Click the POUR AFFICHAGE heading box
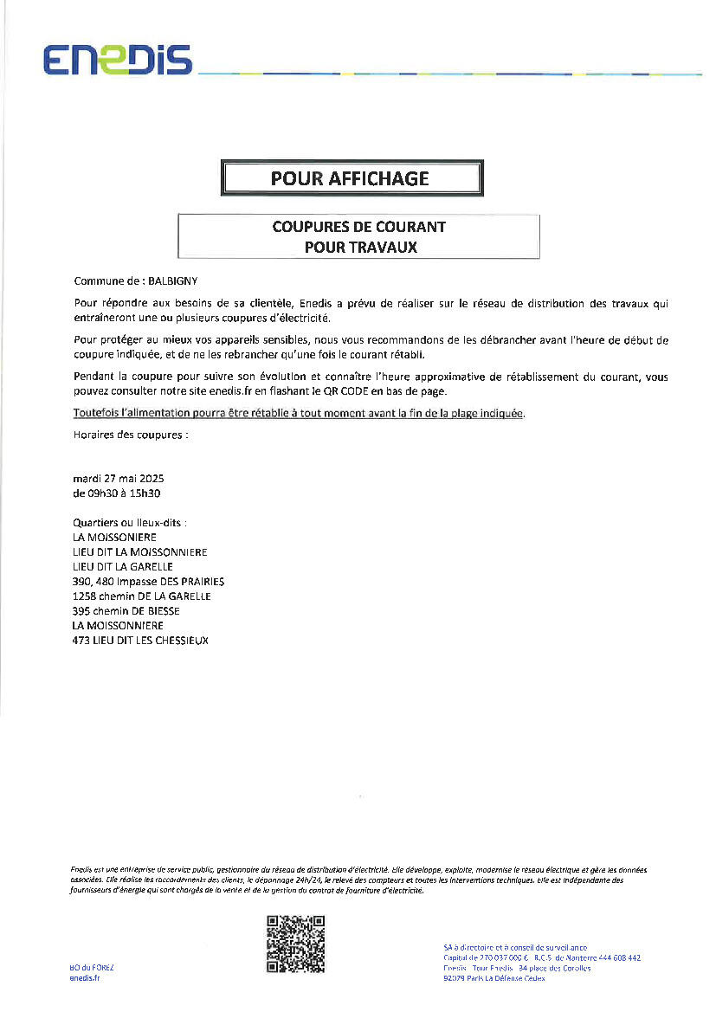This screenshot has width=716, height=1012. coord(351,178)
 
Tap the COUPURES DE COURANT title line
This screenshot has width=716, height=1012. coord(358,227)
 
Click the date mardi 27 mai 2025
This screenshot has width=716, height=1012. coord(119,479)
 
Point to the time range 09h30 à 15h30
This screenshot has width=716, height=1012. coord(117,493)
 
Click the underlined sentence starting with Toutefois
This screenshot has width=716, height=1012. coord(300,414)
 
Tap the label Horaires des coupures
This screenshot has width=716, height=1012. coord(131,435)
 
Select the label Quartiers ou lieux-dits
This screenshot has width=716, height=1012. coord(130,523)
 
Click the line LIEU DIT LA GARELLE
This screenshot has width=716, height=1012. coord(123,567)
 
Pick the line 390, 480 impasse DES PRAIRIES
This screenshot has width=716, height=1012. coord(149,582)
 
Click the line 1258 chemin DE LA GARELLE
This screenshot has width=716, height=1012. coord(142,596)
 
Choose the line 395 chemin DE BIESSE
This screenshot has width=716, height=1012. coord(126,611)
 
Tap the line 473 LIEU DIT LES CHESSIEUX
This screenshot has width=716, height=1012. coord(140,641)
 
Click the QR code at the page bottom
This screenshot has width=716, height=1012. coord(295,944)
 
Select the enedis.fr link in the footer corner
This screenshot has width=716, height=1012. coord(84,978)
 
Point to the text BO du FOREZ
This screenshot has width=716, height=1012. coord(91,967)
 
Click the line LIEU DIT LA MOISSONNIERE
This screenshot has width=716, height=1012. coord(140,552)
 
